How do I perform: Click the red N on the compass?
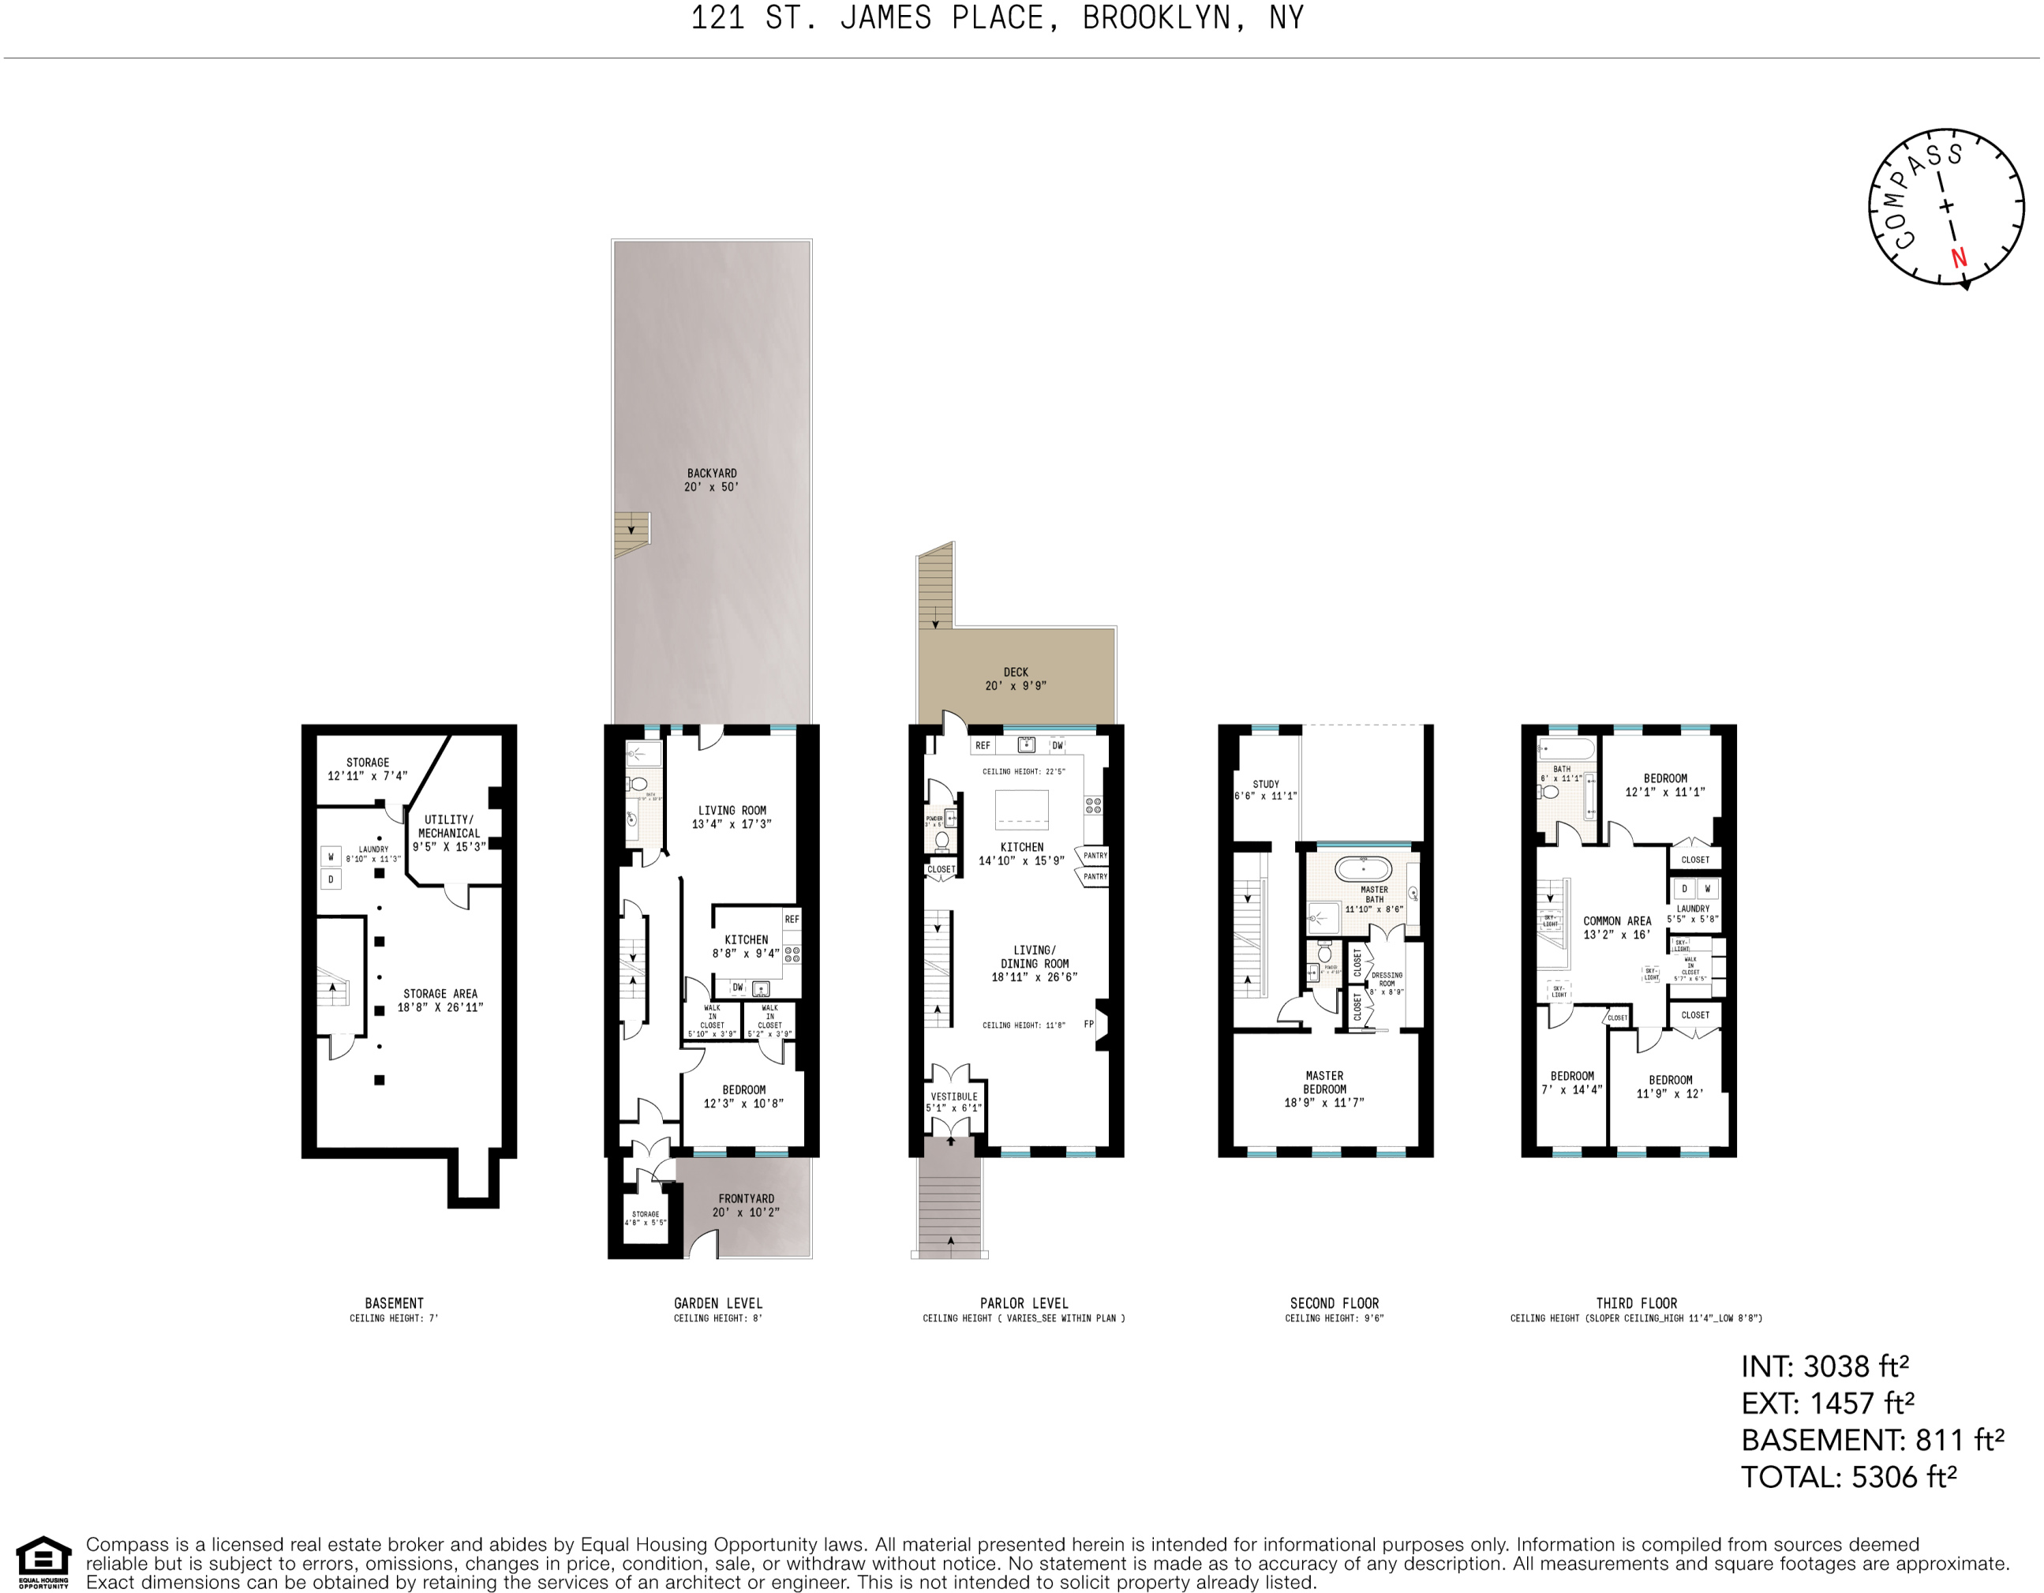1959,257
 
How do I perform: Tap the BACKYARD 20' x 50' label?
711,480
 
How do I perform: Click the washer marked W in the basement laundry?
331,856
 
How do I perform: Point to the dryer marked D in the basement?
331,880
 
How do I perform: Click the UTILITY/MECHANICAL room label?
449,832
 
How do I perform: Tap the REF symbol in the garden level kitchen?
792,919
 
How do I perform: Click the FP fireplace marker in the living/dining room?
1088,1024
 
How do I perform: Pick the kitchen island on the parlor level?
1021,810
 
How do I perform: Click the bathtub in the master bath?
1363,868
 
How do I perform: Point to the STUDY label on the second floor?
1265,790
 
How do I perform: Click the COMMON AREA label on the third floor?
1617,928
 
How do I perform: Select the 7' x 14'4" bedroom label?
1572,1083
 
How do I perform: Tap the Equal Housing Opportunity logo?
43,1562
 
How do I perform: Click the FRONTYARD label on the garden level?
746,1205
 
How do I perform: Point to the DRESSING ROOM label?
1387,982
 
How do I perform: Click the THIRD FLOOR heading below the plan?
1636,1303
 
